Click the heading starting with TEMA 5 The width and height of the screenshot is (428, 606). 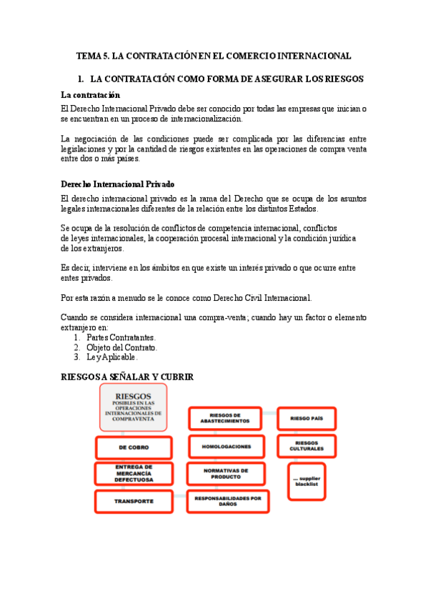(214, 55)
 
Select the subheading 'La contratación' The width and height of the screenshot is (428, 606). (91, 95)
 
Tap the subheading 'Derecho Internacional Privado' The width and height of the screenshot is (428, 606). (118, 184)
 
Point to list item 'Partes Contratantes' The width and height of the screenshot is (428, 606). (121, 337)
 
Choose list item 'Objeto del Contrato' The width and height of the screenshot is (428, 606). (121, 347)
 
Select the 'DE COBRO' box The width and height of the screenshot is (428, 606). (134, 447)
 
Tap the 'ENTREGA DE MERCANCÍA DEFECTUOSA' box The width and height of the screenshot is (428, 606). (134, 474)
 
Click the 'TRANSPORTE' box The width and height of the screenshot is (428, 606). (134, 501)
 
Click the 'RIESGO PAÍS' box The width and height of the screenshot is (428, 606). (307, 418)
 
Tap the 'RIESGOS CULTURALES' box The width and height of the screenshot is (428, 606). (307, 446)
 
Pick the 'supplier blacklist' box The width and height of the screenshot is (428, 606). (307, 481)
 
